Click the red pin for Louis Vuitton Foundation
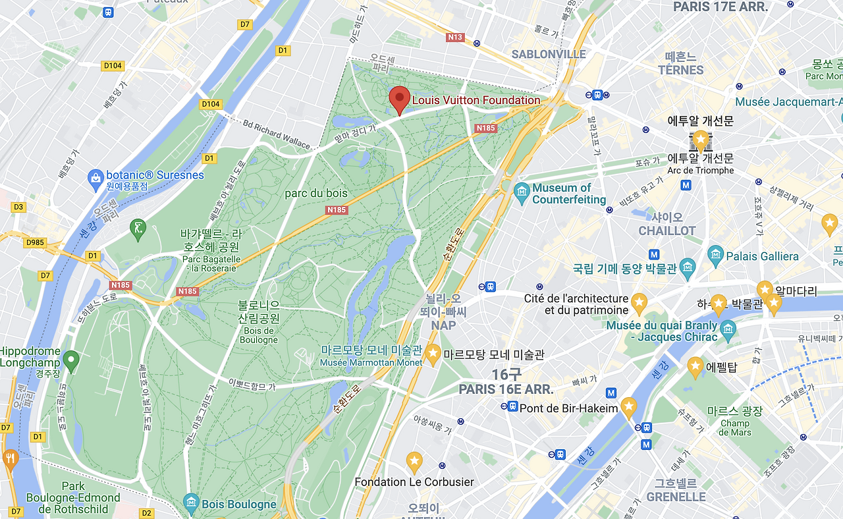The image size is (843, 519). pyautogui.click(x=398, y=99)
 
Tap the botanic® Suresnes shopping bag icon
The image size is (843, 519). pyautogui.click(x=95, y=177)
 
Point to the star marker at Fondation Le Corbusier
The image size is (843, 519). pyautogui.click(x=414, y=461)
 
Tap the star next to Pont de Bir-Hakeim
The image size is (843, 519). pyautogui.click(x=629, y=406)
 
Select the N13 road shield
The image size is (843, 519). pyautogui.click(x=455, y=37)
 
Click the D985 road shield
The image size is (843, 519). pyautogui.click(x=35, y=242)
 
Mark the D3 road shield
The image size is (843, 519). pyautogui.click(x=18, y=207)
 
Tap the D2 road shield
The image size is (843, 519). pyautogui.click(x=146, y=512)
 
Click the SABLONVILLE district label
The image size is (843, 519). pyautogui.click(x=549, y=54)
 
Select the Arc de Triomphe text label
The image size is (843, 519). pyautogui.click(x=700, y=171)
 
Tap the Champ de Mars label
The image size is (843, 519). pyautogui.click(x=734, y=427)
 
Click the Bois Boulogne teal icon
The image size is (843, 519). pyautogui.click(x=191, y=504)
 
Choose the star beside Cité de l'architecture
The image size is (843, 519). pyautogui.click(x=639, y=304)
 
